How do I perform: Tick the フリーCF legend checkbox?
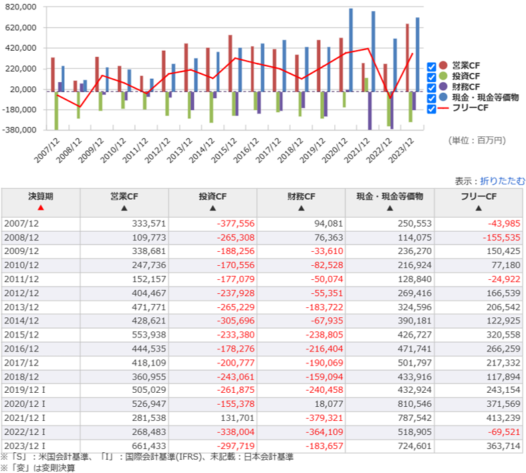click(x=432, y=108)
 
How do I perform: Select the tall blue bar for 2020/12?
click(x=351, y=50)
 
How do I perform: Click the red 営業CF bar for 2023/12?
click(x=407, y=57)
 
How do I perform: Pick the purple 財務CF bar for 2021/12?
click(x=370, y=110)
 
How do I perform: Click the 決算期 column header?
click(x=41, y=197)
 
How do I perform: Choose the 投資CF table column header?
click(x=213, y=197)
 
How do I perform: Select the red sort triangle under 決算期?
click(x=41, y=208)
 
